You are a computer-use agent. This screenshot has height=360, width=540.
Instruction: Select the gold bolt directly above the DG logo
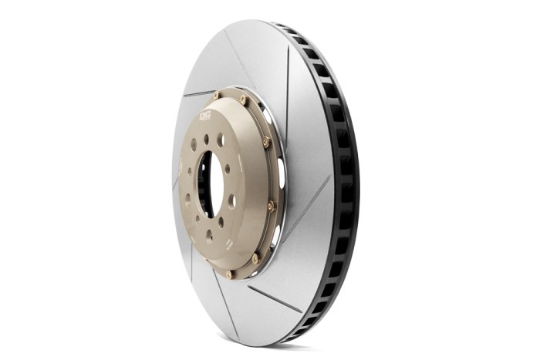click(x=217, y=96)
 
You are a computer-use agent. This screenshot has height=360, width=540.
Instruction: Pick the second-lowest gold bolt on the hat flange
click(x=255, y=258)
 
